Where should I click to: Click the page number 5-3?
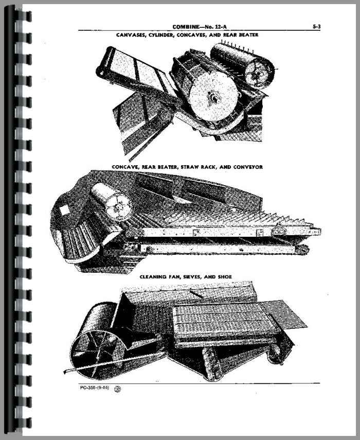click(x=316, y=27)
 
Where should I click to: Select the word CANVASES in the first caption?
click(x=129, y=35)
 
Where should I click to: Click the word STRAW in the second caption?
click(x=189, y=167)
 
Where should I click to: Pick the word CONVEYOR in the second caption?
click(x=248, y=167)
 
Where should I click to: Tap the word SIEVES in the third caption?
click(x=192, y=277)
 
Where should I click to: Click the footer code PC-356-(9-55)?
click(x=94, y=388)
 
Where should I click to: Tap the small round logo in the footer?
click(x=118, y=389)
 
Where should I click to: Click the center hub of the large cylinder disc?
click(x=213, y=99)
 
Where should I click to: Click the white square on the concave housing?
click(x=64, y=209)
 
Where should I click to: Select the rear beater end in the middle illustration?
click(x=119, y=206)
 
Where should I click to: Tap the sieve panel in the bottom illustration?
click(x=222, y=320)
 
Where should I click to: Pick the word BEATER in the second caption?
click(x=167, y=167)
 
